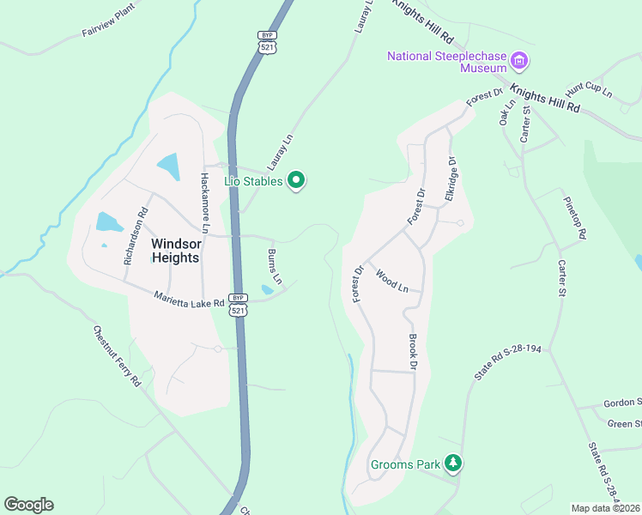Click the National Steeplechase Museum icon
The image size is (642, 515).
[x=518, y=61]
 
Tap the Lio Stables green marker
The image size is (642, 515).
[x=296, y=180]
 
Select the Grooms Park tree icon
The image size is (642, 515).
[x=453, y=464]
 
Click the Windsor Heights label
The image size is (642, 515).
[x=175, y=251]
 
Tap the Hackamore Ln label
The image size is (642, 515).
[x=204, y=203]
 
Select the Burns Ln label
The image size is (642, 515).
[x=274, y=267]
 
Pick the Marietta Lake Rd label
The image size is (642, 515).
[x=189, y=300]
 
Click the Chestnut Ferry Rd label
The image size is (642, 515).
[x=117, y=355]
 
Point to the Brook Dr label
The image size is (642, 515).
[x=412, y=352]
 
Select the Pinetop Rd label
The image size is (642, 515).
[x=574, y=217]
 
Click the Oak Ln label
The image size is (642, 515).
[x=506, y=114]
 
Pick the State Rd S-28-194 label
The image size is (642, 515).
[x=509, y=361]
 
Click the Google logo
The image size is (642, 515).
[x=28, y=505]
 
